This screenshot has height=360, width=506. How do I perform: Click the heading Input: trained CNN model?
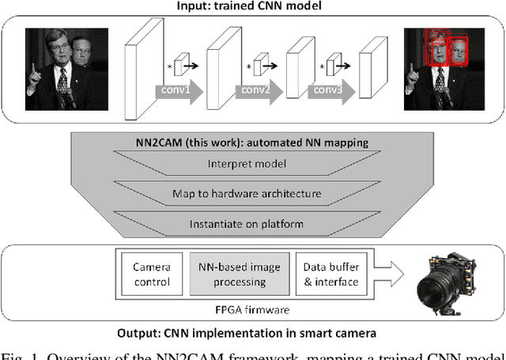pyautogui.click(x=252, y=7)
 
